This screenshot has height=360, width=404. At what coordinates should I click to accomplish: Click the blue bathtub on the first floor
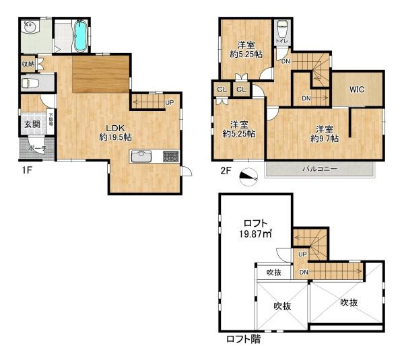point(80,36)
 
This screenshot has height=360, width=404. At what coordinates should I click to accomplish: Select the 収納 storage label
point(27,64)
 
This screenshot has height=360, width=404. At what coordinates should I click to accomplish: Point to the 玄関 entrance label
point(32,124)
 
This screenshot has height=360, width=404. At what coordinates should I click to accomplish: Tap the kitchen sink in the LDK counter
point(142,157)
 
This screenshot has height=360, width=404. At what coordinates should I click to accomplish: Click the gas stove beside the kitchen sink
point(170,157)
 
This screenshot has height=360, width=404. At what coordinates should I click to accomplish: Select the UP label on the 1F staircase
point(168,102)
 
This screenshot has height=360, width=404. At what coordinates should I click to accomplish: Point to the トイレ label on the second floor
point(283,41)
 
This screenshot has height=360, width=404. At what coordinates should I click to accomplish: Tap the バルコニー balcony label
point(319,168)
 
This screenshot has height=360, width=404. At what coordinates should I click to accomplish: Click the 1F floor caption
point(26,171)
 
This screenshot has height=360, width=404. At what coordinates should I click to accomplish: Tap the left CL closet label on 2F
point(221,88)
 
